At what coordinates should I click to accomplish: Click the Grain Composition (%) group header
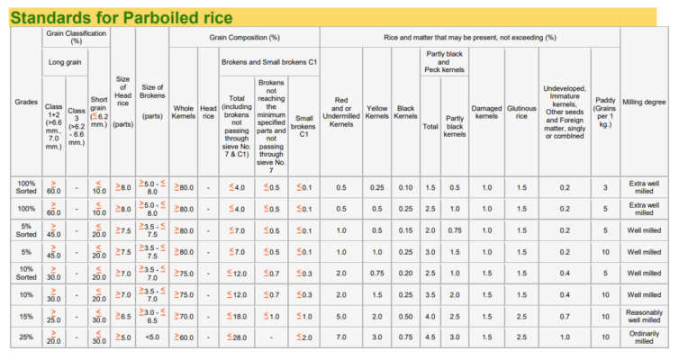[x=244, y=37]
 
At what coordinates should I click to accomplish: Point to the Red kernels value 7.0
[x=341, y=337]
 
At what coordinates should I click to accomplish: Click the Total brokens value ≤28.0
[x=238, y=337]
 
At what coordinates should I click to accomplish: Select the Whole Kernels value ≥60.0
[x=183, y=337]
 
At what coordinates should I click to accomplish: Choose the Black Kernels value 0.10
[x=406, y=187]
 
